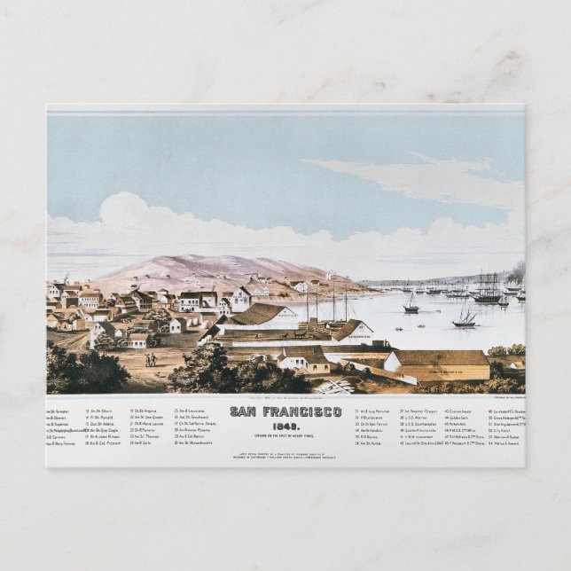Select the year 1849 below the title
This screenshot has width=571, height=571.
[x=285, y=423]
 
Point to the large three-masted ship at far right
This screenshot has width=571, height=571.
[x=487, y=288]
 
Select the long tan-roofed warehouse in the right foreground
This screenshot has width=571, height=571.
[x=440, y=363]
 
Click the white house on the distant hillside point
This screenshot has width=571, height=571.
[x=330, y=276]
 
